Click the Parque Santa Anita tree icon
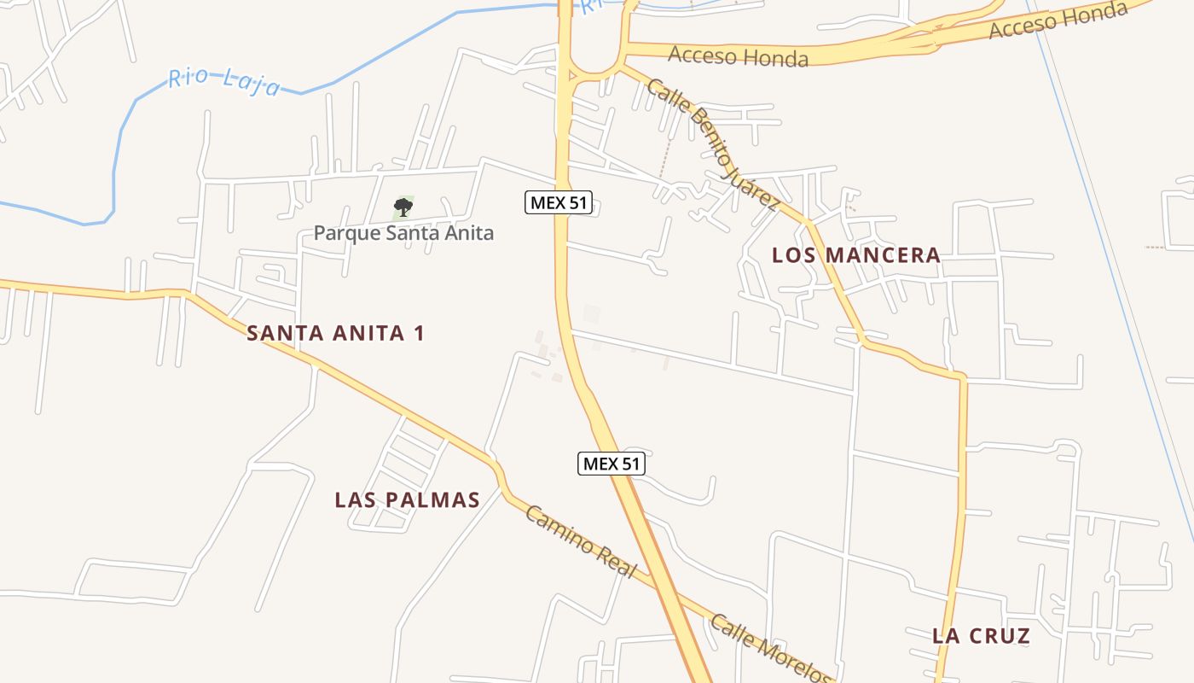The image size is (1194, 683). (403, 207)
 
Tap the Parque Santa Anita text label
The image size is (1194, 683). (403, 232)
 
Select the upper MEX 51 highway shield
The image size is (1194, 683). (558, 202)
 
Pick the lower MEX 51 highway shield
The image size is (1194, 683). (611, 464)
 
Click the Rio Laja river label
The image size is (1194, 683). (224, 82)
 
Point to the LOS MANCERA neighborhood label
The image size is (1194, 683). (855, 254)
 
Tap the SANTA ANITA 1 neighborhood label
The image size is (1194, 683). (335, 333)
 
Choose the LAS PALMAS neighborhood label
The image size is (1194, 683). (407, 499)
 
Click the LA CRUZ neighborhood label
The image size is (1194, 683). (981, 635)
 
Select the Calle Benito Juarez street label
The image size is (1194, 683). (712, 143)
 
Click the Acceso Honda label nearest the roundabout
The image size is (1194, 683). (738, 56)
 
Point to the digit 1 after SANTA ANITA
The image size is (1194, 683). (418, 333)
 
